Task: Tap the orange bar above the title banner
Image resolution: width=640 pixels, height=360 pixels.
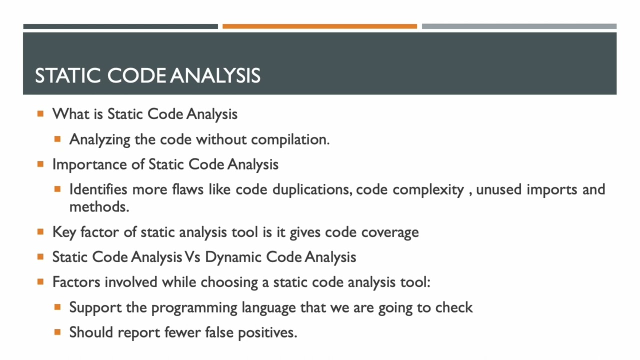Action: tap(319, 26)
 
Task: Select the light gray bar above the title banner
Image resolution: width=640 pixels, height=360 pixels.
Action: tap(519, 26)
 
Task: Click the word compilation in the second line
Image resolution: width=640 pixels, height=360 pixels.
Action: tap(289, 139)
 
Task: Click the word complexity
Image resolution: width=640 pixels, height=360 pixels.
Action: tap(428, 190)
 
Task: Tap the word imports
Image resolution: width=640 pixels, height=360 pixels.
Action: tap(551, 190)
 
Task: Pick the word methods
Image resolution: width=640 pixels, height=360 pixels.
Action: tap(98, 207)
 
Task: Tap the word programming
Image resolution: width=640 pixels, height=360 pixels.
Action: tap(194, 307)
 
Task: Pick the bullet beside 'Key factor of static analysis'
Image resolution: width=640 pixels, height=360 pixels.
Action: tap(40, 232)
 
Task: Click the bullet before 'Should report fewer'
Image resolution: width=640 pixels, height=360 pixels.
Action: tap(57, 332)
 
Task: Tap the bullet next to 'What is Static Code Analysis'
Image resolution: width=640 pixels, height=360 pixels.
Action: tap(40, 114)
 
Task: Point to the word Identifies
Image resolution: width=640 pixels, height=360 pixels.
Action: tap(98, 189)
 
